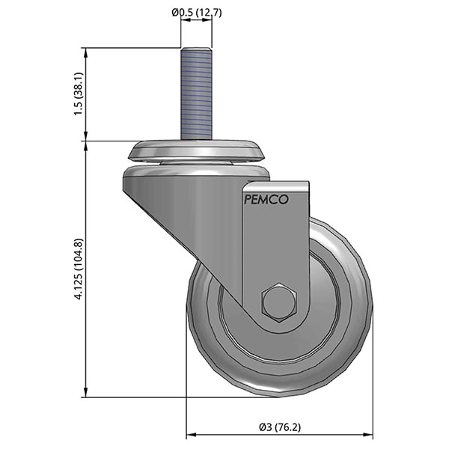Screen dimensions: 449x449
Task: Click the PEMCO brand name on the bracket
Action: point(266,200)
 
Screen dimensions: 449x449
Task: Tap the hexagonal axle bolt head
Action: point(280,302)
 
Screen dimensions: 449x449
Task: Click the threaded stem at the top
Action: point(195,94)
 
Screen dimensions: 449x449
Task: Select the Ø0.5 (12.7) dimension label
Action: point(196,11)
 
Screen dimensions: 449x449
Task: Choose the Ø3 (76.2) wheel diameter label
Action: point(279,427)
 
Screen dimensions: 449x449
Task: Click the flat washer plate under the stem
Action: point(197,151)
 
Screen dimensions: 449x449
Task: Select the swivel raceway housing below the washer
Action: point(196,172)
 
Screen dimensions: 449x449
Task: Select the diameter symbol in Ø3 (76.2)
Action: point(262,427)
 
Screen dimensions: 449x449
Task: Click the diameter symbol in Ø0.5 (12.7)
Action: point(174,11)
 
